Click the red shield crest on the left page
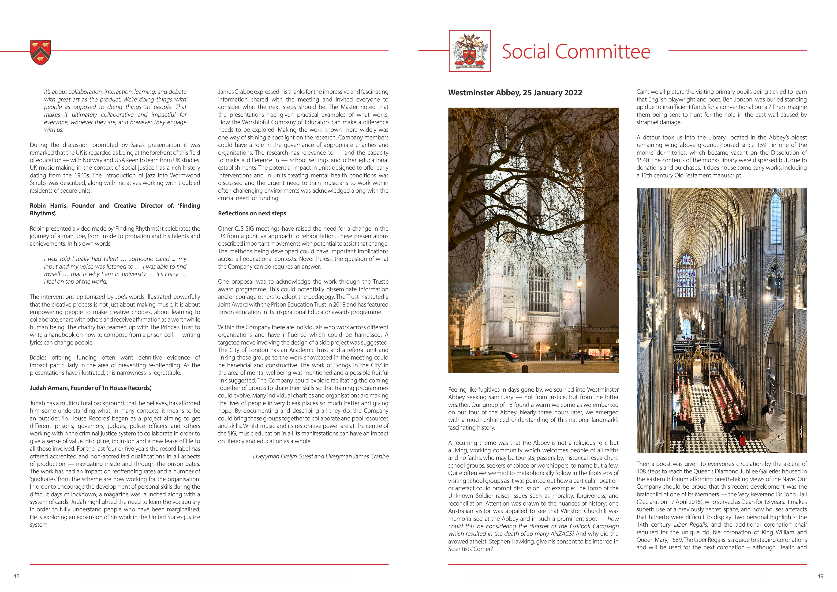(41, 53)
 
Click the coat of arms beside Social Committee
(470, 51)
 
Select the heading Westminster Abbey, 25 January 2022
(515, 93)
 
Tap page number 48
(16, 576)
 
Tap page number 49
(820, 576)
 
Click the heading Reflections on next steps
(252, 213)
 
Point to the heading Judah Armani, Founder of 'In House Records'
(91, 388)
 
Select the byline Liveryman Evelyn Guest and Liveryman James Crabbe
(321, 456)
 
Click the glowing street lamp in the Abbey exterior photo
(579, 282)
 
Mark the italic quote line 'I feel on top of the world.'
(76, 281)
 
